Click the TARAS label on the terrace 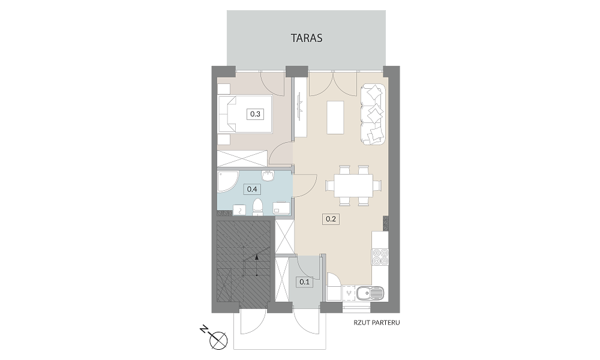(307, 38)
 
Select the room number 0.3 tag (255, 113)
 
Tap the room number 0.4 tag (252, 189)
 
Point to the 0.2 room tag (331, 219)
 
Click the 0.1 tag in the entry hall (305, 282)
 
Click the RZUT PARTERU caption (377, 323)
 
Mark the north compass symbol (217, 337)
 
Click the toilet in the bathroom (258, 206)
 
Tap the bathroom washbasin (268, 175)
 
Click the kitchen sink (369, 293)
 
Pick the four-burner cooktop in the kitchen (380, 257)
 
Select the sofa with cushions (373, 114)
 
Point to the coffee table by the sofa (335, 117)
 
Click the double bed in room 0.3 (245, 114)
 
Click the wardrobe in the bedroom (242, 158)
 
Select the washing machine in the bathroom (281, 208)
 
